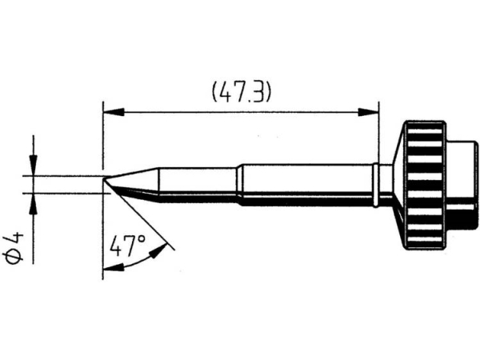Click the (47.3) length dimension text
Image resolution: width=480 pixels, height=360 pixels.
[242, 92]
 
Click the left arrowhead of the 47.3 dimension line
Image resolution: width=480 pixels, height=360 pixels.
[114, 112]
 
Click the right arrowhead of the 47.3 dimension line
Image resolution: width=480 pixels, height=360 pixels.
[369, 112]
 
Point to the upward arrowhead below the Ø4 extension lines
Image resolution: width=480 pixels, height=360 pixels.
[33, 204]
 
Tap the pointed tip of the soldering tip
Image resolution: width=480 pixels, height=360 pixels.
[104, 179]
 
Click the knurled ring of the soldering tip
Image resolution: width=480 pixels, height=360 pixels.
[424, 185]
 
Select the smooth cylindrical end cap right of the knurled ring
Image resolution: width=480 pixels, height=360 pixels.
[462, 185]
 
